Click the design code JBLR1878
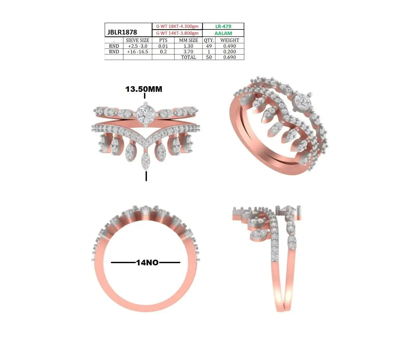pyautogui.click(x=122, y=32)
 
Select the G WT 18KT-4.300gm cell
pyautogui.click(x=177, y=26)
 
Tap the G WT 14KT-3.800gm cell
pyautogui.click(x=177, y=33)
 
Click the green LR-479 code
pyautogui.click(x=223, y=26)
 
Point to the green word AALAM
pyautogui.click(x=223, y=33)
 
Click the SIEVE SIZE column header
pyautogui.click(x=138, y=40)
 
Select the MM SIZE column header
pyautogui.click(x=188, y=40)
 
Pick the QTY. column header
pyautogui.click(x=209, y=40)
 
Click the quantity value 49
pyautogui.click(x=209, y=46)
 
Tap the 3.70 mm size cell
pyautogui.click(x=188, y=51)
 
